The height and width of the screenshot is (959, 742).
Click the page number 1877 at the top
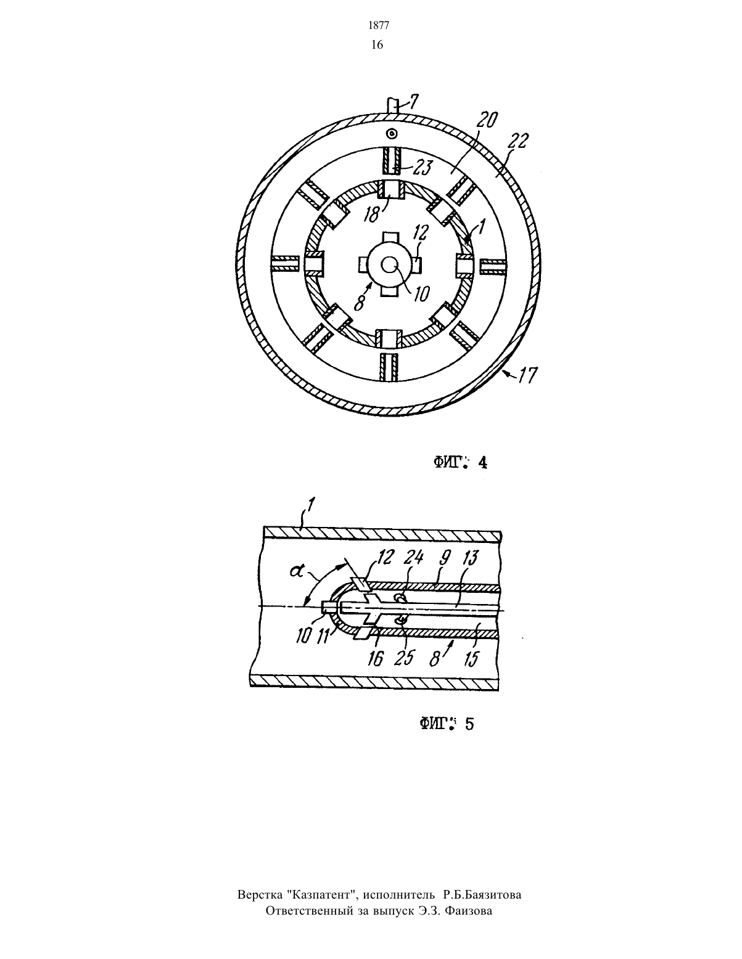pos(379,26)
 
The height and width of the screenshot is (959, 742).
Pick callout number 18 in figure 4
pos(373,214)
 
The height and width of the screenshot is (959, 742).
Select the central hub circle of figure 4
pos(390,265)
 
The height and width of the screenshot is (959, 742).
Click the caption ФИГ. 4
pos(460,462)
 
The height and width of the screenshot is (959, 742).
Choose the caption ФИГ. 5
pos(447,724)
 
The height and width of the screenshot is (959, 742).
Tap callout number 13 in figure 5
pos(469,558)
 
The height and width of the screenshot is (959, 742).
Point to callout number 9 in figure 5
pos(445,558)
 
